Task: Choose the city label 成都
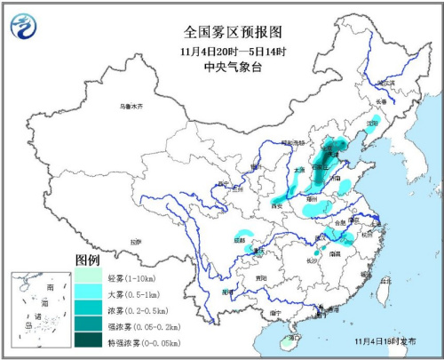pos(239,241)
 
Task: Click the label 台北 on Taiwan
pos(385,283)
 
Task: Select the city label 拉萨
pos(134,241)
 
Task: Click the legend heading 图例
pos(88,260)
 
